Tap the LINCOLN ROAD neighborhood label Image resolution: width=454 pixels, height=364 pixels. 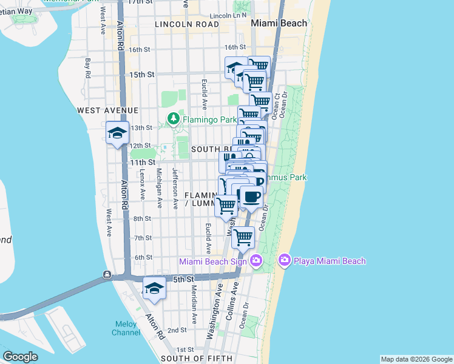click(x=186, y=24)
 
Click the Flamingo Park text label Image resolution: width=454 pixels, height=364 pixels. click(x=209, y=120)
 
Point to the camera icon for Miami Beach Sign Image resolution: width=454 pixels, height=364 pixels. click(x=256, y=260)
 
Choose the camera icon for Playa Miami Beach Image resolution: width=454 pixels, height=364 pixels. click(x=284, y=260)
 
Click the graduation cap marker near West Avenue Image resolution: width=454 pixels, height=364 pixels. click(x=117, y=133)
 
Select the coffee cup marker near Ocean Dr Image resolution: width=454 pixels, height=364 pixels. click(x=251, y=197)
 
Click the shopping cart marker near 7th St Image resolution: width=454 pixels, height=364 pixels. click(x=243, y=237)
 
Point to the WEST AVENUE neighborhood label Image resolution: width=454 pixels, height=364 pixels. click(x=108, y=110)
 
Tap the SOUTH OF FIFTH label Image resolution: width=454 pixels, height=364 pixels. click(x=193, y=359)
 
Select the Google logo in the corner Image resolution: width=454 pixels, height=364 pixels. click(x=20, y=357)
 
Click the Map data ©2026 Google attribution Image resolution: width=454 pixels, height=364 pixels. click(x=416, y=359)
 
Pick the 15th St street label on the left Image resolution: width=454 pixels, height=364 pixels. click(x=142, y=74)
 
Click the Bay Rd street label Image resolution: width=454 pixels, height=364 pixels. click(x=88, y=68)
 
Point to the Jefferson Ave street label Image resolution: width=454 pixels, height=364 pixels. click(x=174, y=188)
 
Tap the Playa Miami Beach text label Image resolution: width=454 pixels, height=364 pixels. click(x=331, y=261)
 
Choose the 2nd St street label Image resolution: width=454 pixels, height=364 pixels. click(x=177, y=330)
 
